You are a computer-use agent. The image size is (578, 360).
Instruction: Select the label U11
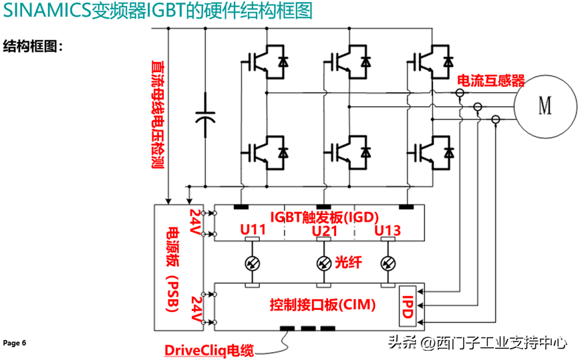(253, 230)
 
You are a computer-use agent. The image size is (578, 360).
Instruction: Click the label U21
(325, 230)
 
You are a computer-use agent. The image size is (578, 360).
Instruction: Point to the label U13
(388, 230)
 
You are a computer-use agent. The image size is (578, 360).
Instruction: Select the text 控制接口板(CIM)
(323, 305)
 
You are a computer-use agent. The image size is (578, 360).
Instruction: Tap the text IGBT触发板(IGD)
(324, 216)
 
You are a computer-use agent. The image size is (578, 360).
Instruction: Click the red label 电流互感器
(491, 81)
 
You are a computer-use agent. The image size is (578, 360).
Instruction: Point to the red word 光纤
(348, 262)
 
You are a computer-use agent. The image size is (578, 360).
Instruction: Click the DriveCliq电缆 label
(209, 350)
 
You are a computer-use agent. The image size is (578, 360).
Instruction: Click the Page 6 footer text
(15, 343)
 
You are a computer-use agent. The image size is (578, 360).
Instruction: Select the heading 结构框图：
(33, 46)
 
